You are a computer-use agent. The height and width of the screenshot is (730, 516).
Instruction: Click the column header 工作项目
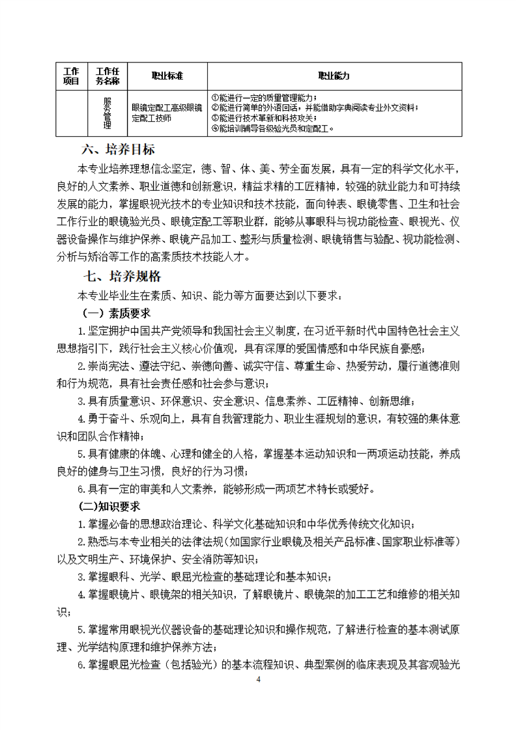[71, 76]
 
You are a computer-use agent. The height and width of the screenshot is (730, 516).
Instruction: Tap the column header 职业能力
[334, 76]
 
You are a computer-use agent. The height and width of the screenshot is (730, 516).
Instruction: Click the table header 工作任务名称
[107, 76]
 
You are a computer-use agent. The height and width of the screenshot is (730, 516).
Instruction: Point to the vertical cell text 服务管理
[107, 113]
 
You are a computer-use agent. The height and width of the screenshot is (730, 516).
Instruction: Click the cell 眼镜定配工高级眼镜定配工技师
[166, 113]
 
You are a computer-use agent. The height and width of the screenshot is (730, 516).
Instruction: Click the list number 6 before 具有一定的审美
[81, 488]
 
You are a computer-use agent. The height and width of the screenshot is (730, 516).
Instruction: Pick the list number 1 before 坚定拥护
[81, 331]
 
